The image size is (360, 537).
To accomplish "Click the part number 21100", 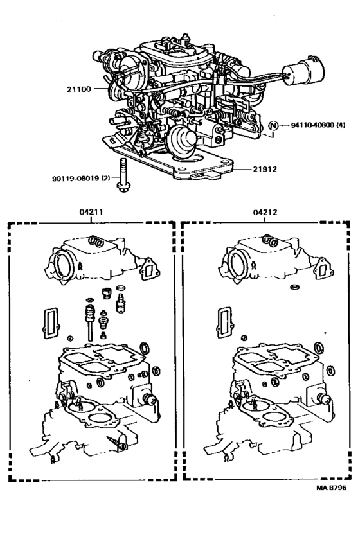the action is click(x=79, y=89).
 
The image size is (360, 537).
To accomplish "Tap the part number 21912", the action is click(x=265, y=169).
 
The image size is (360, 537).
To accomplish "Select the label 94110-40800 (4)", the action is click(x=318, y=125).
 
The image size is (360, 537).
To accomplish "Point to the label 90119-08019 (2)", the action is click(x=81, y=179).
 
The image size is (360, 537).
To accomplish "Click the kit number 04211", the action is click(x=91, y=212).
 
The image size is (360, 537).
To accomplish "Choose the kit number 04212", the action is click(x=265, y=213).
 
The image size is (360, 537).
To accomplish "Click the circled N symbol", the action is click(x=273, y=126).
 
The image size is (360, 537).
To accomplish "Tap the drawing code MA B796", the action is click(x=331, y=488).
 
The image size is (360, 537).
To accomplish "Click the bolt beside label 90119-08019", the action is click(x=123, y=174).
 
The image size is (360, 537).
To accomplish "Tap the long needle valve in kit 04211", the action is click(x=90, y=322).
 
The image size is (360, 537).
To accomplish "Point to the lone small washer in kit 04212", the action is click(x=294, y=286).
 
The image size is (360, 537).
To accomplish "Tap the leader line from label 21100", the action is click(x=102, y=89).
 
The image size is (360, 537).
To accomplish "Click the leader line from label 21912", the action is click(x=242, y=169).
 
